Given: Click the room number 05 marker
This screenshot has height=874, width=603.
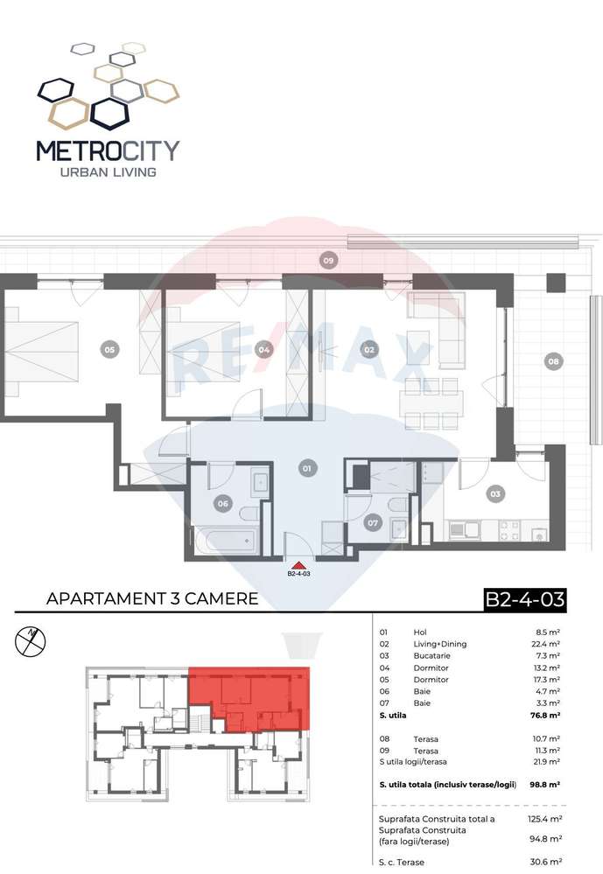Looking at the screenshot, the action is (x=109, y=350).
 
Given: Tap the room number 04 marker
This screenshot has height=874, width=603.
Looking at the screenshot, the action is (x=263, y=350).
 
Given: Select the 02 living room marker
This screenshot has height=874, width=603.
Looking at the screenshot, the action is (x=368, y=350).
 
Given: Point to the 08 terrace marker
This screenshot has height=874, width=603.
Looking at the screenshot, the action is (x=553, y=361).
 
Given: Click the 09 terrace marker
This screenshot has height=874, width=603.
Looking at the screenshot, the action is (x=328, y=260).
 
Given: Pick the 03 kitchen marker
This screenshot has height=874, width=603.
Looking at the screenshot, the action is (x=494, y=493).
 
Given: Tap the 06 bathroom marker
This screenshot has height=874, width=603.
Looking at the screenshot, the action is (x=222, y=503).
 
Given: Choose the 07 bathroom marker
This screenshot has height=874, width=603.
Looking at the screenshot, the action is (x=373, y=523).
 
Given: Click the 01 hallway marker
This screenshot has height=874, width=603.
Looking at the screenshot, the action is (x=306, y=468).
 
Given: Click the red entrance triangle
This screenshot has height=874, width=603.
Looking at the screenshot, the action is (x=298, y=564).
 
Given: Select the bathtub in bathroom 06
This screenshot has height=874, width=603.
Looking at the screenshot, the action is (x=226, y=540).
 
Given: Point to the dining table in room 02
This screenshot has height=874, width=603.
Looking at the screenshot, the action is (x=431, y=403).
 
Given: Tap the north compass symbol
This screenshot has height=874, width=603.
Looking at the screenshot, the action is (x=30, y=640).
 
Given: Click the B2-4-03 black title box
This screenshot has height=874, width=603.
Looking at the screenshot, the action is (x=524, y=600).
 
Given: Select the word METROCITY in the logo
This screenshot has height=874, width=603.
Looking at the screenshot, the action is (x=108, y=150).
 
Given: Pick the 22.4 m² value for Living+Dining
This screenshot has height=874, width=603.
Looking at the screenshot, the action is (x=546, y=644).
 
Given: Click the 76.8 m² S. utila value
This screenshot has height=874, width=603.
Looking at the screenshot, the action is (x=545, y=715).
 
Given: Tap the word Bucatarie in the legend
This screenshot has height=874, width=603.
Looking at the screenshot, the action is (x=431, y=655).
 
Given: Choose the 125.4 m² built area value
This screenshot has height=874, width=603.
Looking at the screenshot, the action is (x=545, y=819).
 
